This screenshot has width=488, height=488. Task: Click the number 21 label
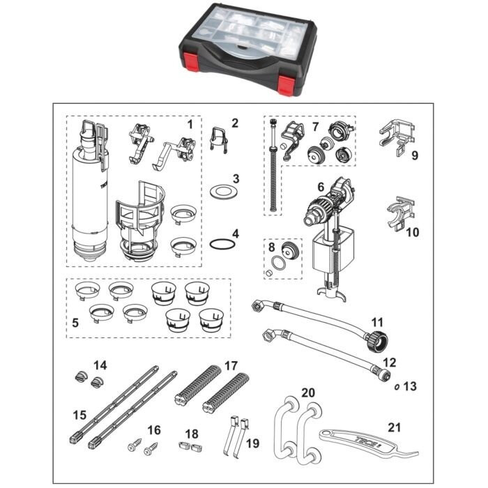pos(394,427)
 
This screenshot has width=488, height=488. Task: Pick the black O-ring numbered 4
pos(222,244)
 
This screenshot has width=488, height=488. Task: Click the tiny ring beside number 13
pos(397,388)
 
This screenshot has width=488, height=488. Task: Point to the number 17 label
pos(231,365)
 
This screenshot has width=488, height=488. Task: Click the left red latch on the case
pos(190,61)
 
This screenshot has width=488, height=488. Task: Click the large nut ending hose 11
pos(376,342)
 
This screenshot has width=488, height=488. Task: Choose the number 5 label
pos(75,323)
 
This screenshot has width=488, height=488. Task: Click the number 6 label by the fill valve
pos(321,187)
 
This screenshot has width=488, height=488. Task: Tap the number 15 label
pos(79,415)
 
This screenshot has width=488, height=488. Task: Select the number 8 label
pos(272,247)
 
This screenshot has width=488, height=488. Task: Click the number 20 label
pos(308,392)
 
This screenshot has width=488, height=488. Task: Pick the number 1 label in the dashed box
pos(190,125)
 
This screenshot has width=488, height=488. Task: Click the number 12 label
pos(389,363)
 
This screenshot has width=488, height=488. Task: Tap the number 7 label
pos(315,127)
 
